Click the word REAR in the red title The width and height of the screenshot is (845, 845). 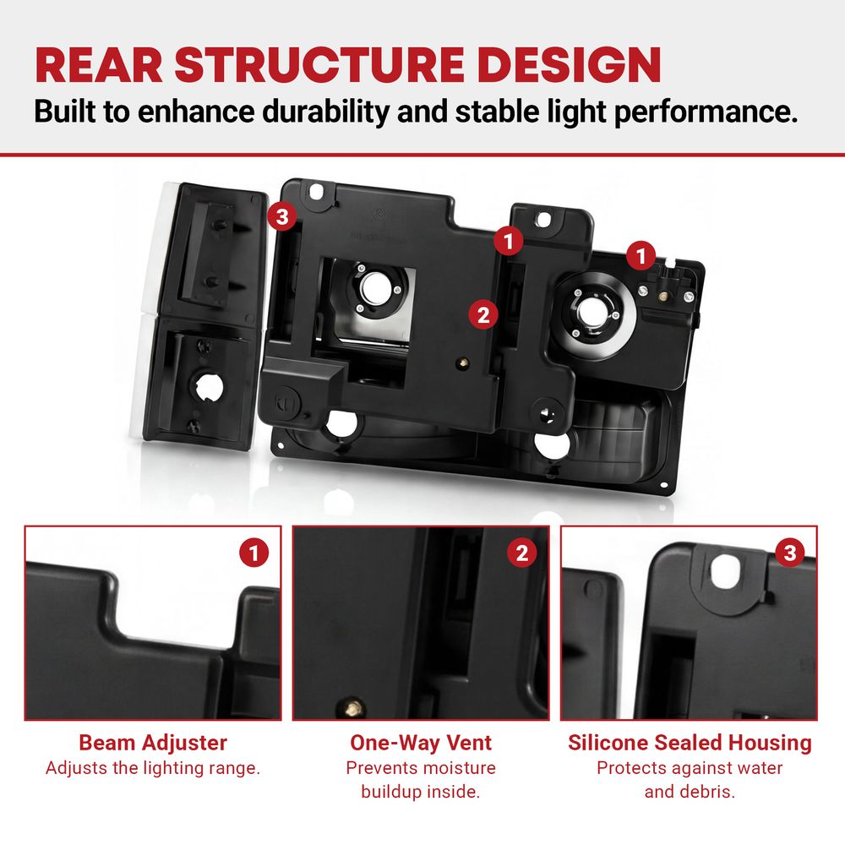[99, 65]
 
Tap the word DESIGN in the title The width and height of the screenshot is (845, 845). [569, 65]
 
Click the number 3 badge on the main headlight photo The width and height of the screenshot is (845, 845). [282, 216]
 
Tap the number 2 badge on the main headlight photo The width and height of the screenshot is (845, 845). [482, 314]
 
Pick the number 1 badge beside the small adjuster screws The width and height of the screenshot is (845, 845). [641, 255]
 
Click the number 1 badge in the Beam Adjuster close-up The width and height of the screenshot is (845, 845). [253, 553]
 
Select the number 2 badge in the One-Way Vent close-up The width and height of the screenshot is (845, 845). [521, 553]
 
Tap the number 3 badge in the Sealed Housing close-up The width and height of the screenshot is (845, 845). [790, 553]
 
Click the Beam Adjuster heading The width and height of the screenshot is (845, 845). [153, 743]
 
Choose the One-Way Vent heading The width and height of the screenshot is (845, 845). [421, 743]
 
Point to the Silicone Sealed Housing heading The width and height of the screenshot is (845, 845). [690, 743]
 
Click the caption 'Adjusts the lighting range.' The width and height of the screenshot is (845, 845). [153, 768]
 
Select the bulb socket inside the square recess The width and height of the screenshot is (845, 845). [372, 289]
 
